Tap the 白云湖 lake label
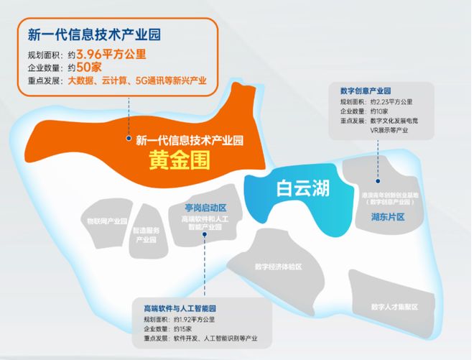point(303,188)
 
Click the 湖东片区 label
point(388,216)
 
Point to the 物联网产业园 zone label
point(106,221)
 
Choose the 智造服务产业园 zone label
point(149,234)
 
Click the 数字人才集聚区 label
point(394,307)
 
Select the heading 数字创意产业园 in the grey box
point(365,91)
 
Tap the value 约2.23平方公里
point(392,102)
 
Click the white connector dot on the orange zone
point(128,138)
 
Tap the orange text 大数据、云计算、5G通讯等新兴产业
point(136,80)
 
